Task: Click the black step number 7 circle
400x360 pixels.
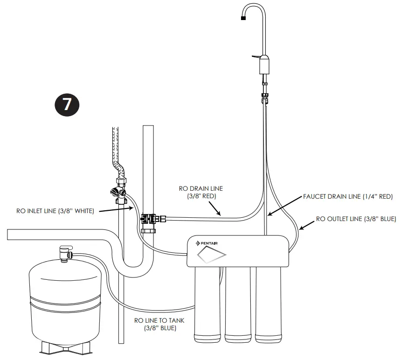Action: tap(67, 104)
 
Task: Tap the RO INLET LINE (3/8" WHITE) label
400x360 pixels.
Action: tap(55, 211)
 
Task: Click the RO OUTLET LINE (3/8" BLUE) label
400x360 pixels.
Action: tap(356, 218)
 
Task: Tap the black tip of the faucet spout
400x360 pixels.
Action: tap(243, 18)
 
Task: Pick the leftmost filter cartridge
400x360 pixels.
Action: tap(208, 308)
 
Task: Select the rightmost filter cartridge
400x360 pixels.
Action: tap(268, 308)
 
